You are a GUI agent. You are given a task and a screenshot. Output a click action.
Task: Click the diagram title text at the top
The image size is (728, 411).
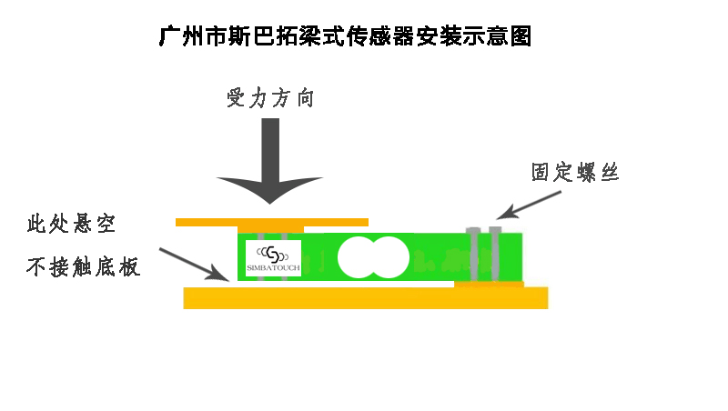click(x=344, y=37)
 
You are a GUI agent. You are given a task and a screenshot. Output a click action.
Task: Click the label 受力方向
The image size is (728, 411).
click(x=270, y=98)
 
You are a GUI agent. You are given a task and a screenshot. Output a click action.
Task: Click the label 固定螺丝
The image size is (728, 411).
click(x=574, y=172)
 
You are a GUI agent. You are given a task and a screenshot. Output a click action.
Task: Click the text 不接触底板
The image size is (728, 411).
click(x=84, y=267)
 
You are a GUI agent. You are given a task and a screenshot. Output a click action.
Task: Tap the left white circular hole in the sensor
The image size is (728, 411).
click(x=359, y=257)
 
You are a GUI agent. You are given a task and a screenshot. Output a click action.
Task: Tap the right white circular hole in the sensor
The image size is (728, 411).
click(x=389, y=257)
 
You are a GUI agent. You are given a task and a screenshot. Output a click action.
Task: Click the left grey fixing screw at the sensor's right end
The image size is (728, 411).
click(x=473, y=253)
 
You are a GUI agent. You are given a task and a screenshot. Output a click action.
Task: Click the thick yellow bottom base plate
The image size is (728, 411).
click(x=365, y=298)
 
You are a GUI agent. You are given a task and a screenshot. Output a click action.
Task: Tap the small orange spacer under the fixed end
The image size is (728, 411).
click(x=489, y=285)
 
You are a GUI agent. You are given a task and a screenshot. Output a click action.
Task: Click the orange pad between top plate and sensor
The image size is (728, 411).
click(x=269, y=229)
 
